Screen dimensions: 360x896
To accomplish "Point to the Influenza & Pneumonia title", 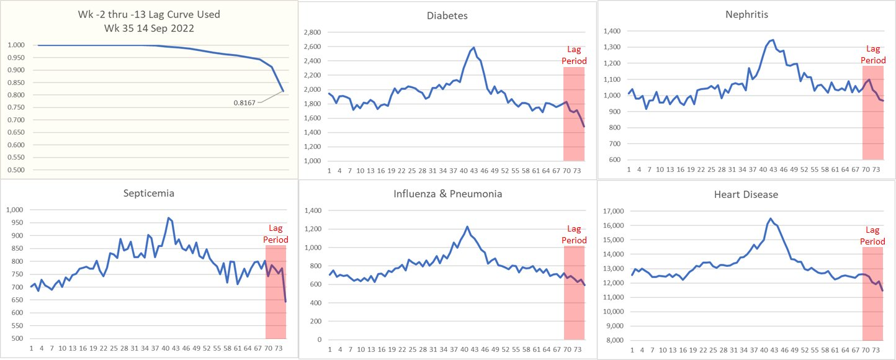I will pos(447,194).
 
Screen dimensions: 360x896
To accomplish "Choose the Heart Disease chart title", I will pos(746,194).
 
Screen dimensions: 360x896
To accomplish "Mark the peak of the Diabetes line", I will pos(473,47).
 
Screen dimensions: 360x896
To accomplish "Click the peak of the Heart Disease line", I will pos(770,218).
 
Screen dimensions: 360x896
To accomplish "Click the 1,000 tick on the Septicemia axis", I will pos(14,210).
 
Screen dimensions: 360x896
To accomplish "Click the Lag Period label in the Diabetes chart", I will pos(574,55).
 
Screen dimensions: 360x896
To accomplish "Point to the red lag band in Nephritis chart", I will pos(872,124).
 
